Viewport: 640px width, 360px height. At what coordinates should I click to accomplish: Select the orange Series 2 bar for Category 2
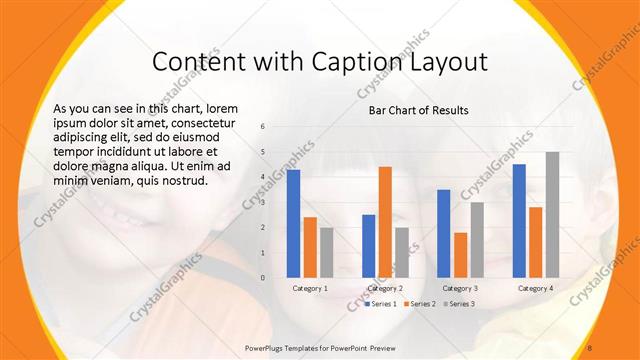point(385,222)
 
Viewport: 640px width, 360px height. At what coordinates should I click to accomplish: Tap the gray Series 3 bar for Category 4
point(552,215)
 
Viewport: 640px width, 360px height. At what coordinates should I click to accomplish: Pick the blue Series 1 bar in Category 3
point(443,234)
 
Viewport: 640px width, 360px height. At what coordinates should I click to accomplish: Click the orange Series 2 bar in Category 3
point(460,255)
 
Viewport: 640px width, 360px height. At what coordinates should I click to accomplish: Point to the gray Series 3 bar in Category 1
point(327,252)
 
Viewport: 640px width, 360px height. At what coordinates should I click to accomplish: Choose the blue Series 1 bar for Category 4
point(518,221)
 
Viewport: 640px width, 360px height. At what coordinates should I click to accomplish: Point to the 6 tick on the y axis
point(262,127)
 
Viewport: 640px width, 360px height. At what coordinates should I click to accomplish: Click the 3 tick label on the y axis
point(262,202)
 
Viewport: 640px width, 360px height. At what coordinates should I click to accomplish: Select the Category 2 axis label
point(385,288)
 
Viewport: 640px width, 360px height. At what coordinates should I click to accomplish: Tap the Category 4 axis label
point(536,288)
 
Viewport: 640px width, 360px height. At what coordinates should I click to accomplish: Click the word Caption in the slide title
point(349,62)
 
